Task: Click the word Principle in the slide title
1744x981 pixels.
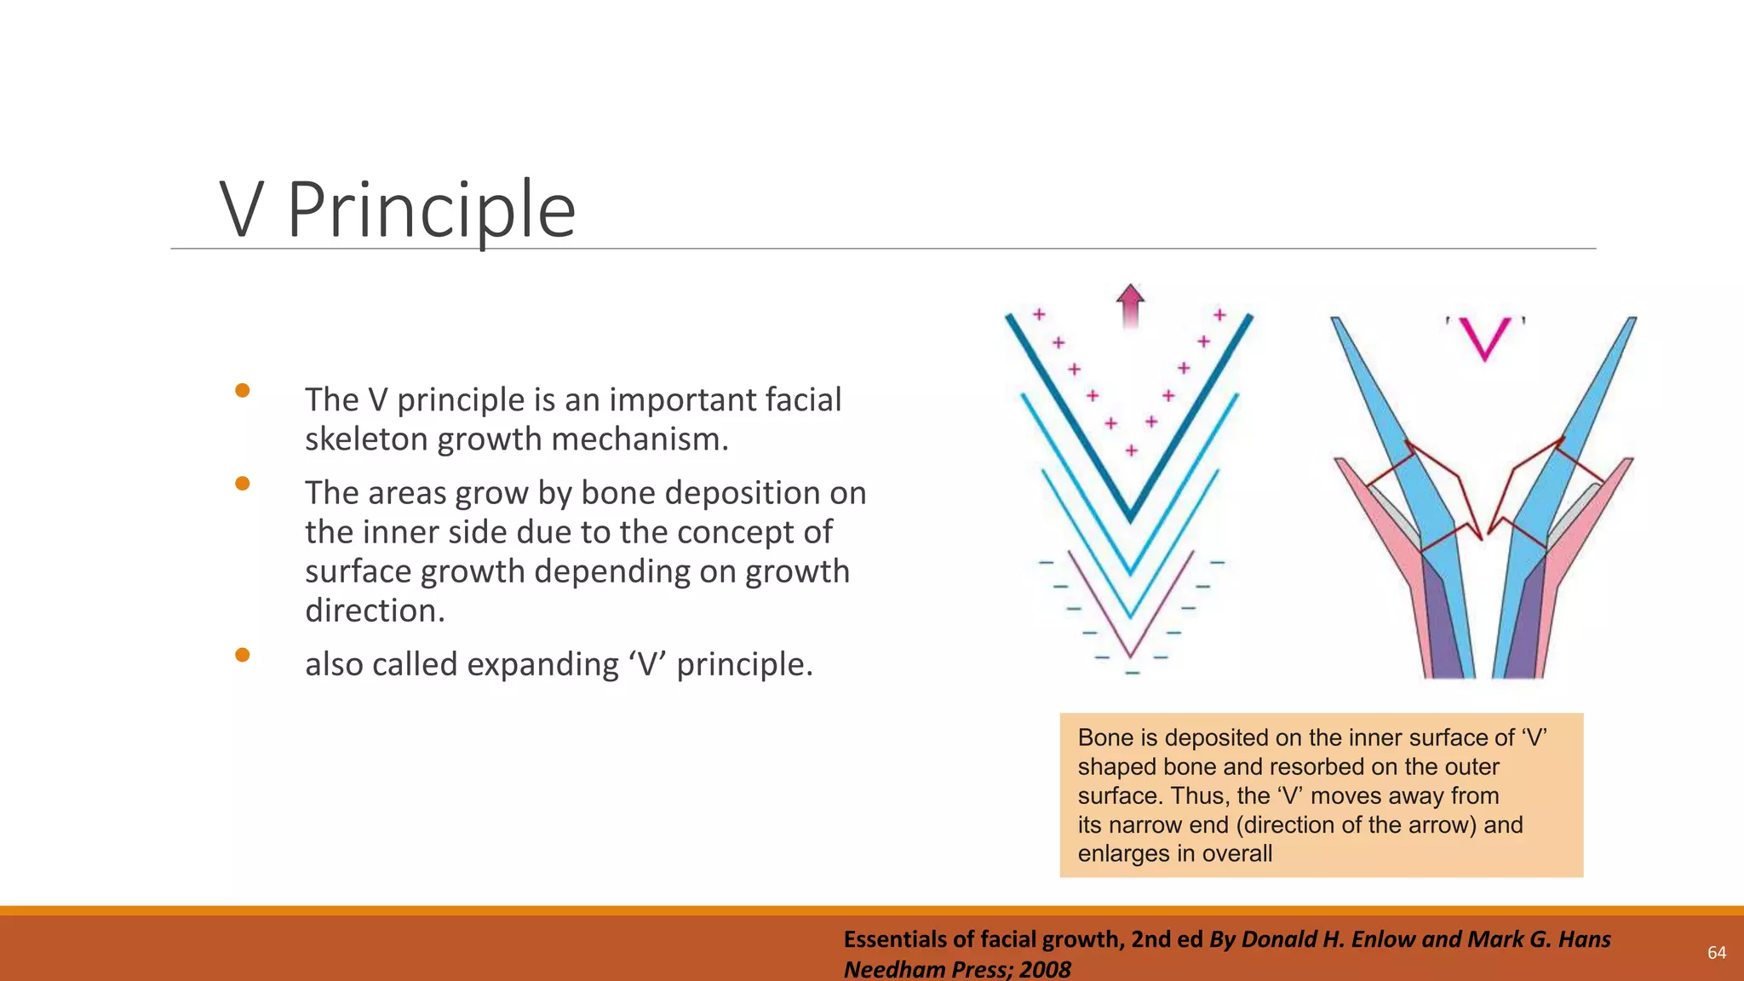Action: click(432, 210)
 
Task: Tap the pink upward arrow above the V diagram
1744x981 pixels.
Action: click(1130, 306)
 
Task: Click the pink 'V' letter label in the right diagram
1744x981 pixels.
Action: click(1485, 338)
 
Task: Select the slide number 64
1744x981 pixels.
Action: click(1717, 953)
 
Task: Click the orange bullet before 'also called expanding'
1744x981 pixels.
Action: click(243, 655)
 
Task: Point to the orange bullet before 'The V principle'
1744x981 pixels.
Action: click(243, 391)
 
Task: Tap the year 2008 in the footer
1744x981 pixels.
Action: click(1045, 969)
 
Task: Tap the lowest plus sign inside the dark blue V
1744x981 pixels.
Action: click(1131, 450)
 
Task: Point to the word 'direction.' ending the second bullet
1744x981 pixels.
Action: click(375, 611)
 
